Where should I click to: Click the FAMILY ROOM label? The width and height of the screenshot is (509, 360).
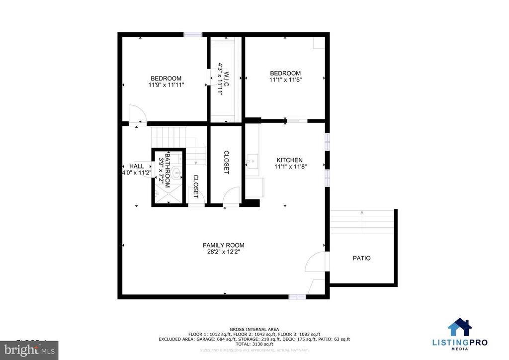(223, 245)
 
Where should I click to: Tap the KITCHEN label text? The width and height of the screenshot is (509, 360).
(289, 160)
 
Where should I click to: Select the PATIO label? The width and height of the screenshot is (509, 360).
(361, 258)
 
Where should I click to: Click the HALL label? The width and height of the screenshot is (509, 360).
(136, 166)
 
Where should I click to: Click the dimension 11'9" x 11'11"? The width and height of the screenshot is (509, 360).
(166, 85)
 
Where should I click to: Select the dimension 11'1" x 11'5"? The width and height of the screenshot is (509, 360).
(285, 80)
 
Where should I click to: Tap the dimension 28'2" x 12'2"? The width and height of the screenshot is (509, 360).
(223, 252)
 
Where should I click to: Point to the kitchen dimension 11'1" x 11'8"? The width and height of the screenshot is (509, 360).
(289, 167)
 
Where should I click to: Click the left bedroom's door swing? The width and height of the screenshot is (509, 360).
(135, 114)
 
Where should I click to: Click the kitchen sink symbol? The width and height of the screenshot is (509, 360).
(253, 160)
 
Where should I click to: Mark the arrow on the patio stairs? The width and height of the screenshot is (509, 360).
(362, 213)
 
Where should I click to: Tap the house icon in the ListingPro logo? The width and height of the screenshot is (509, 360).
(460, 328)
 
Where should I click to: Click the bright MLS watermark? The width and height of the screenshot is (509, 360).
(29, 350)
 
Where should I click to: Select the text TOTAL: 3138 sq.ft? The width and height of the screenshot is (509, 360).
(254, 344)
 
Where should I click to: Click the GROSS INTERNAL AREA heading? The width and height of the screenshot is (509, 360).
(254, 329)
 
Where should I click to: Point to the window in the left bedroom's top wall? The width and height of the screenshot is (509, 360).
(193, 34)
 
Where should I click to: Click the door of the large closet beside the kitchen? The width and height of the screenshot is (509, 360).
(231, 197)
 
